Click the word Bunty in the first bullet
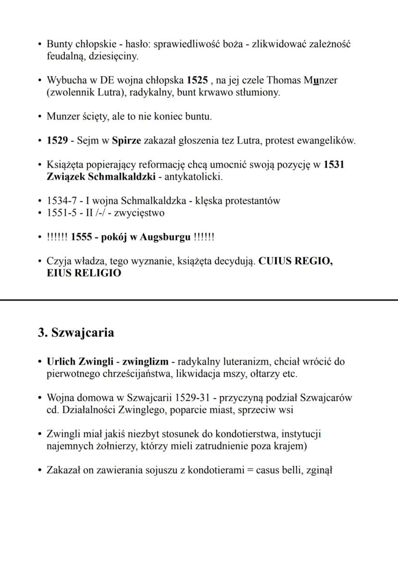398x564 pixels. [58, 44]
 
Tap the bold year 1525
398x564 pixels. [197, 80]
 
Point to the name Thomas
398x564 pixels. [284, 80]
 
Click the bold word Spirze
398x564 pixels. [126, 141]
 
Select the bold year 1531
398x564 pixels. [334, 165]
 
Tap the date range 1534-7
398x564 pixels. [61, 201]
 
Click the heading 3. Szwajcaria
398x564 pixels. [76, 332]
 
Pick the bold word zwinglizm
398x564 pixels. [145, 362]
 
